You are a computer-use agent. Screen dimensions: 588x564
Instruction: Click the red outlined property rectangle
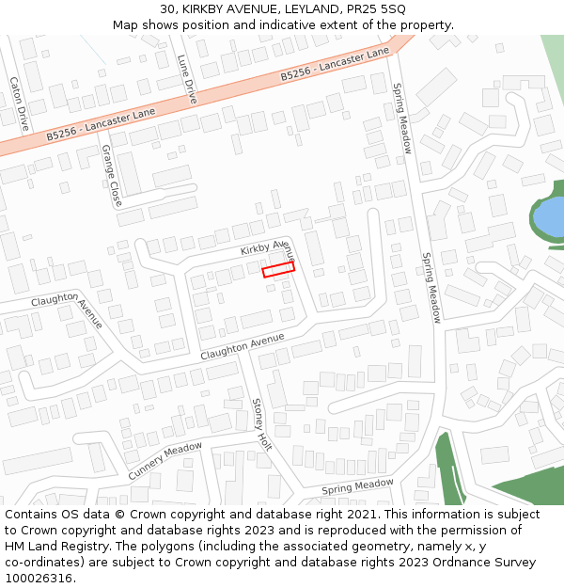(278, 270)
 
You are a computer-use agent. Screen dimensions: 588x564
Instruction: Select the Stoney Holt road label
(261, 424)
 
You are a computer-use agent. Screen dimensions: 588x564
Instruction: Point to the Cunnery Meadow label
(164, 461)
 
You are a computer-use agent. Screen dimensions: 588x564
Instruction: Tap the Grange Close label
(111, 177)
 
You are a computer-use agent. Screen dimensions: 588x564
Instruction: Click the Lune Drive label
(187, 79)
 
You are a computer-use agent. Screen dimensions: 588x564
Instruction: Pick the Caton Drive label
(18, 103)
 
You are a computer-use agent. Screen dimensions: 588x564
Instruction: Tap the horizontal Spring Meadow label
(357, 487)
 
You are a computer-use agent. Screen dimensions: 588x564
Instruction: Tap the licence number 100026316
(39, 579)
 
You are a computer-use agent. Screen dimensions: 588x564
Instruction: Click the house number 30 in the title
(166, 9)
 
